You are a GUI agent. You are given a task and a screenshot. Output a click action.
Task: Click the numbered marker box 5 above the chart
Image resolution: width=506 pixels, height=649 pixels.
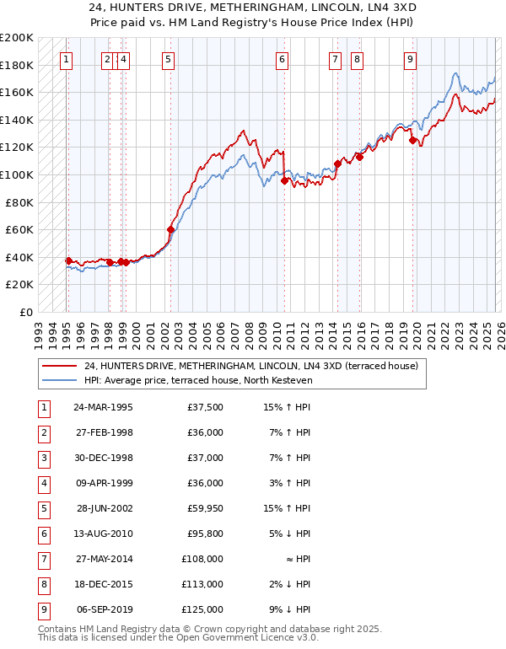tap(169, 59)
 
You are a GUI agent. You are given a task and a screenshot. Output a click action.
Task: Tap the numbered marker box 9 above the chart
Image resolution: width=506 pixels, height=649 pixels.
tap(410, 59)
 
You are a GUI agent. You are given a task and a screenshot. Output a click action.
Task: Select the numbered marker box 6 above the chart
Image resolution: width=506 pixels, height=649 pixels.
tap(282, 59)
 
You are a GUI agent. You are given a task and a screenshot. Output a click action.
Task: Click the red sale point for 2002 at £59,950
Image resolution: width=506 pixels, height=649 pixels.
tap(171, 229)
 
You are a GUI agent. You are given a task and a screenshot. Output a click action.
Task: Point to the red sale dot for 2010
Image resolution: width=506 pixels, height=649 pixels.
tap(284, 180)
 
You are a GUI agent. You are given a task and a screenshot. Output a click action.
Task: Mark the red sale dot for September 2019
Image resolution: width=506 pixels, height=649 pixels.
tap(413, 141)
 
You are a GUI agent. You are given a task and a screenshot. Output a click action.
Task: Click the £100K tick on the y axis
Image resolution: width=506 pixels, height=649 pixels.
tap(17, 174)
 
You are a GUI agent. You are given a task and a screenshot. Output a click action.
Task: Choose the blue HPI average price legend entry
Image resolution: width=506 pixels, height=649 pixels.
tap(198, 380)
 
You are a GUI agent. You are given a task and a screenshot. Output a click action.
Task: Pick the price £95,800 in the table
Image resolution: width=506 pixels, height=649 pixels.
tap(204, 533)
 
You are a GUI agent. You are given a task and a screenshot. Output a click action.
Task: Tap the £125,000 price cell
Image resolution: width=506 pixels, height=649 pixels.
tap(202, 607)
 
